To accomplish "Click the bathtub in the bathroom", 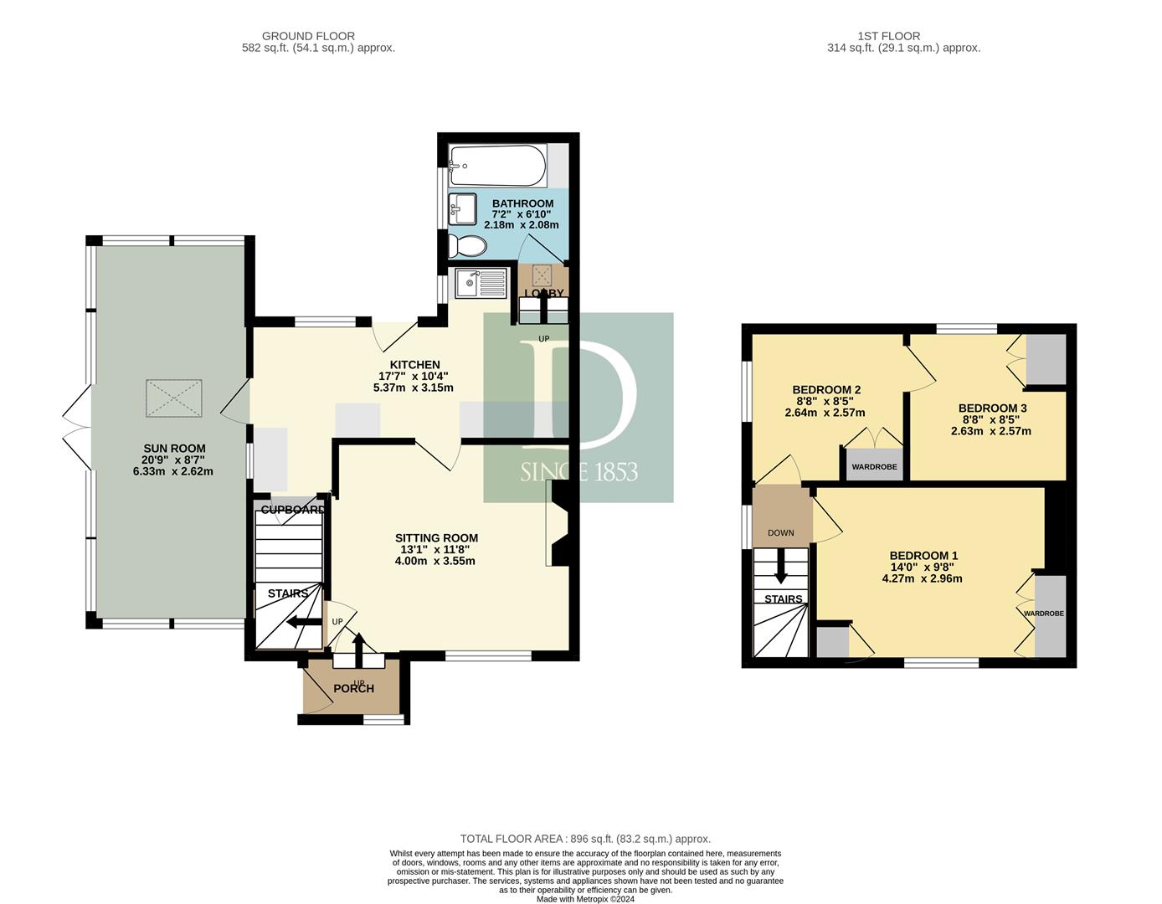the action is click(497, 166).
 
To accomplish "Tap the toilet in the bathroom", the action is click(467, 246).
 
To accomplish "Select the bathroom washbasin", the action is click(463, 209).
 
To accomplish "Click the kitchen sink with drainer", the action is click(481, 282).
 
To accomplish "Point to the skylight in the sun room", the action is click(174, 398).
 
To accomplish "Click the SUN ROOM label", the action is click(174, 449).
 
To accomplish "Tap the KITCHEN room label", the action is click(414, 365).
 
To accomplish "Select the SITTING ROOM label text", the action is click(436, 538).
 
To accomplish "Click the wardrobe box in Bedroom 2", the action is click(874, 464).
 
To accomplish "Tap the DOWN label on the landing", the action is click(781, 533).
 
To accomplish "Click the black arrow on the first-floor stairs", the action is click(781, 566).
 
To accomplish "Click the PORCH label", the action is click(353, 689).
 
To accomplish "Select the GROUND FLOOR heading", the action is click(308, 36).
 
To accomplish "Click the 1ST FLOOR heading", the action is click(889, 36).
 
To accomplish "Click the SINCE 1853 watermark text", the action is click(579, 472).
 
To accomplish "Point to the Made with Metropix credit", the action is click(585, 899).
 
